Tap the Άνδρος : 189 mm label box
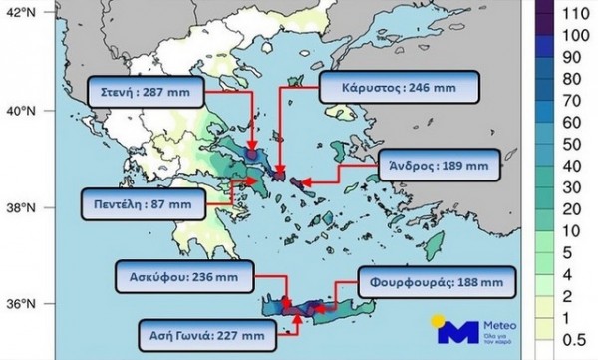point(441,163)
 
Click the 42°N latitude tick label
point(19,12)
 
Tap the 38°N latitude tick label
point(19,207)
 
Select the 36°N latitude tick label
point(19,303)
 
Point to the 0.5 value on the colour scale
point(572,338)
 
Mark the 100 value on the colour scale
point(572,36)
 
